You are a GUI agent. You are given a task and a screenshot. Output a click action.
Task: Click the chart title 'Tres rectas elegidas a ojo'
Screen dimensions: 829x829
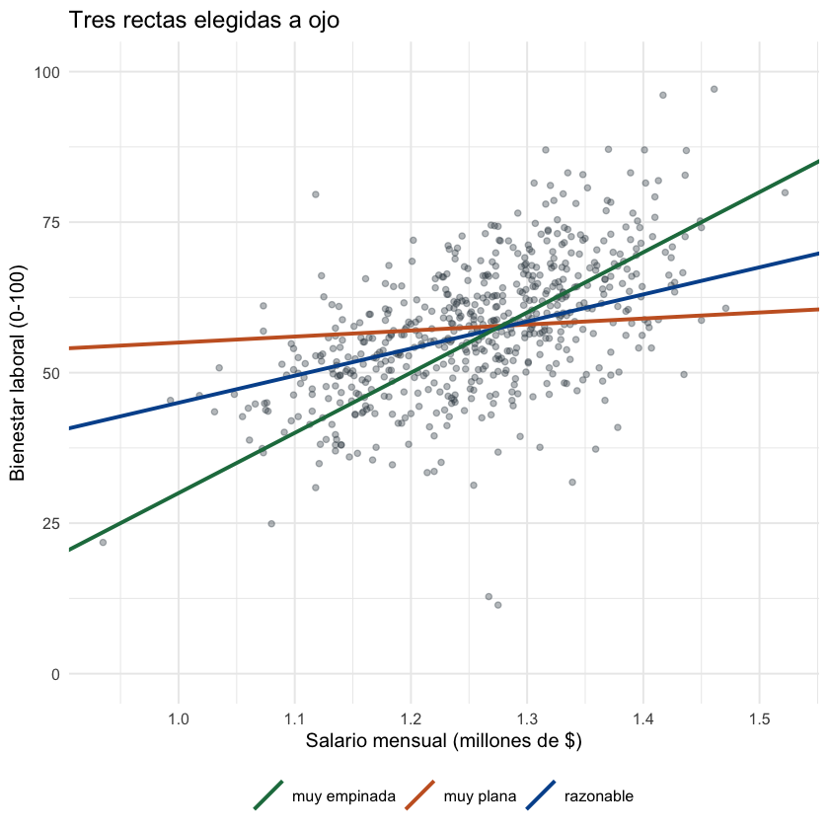(204, 21)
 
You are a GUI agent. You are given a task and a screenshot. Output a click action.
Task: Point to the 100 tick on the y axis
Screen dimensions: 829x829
(47, 72)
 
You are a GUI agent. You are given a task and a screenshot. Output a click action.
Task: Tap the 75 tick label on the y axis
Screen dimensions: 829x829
(51, 223)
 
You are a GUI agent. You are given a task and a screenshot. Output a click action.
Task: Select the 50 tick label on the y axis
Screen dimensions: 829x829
(51, 373)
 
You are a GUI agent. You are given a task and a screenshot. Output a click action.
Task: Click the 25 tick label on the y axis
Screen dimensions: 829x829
(51, 523)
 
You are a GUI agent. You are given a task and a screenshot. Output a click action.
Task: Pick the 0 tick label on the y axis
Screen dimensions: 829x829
(55, 674)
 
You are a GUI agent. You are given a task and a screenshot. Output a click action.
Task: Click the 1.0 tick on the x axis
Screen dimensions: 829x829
(179, 719)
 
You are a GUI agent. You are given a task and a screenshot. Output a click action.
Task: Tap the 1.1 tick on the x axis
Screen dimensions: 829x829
(294, 719)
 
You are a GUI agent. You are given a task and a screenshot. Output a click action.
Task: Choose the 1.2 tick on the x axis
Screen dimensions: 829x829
(411, 719)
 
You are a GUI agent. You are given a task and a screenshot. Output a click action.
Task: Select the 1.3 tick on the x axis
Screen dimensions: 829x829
(527, 719)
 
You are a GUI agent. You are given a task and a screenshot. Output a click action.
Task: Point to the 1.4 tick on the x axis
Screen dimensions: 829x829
(643, 719)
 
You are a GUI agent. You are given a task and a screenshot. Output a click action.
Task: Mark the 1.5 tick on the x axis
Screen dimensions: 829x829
(760, 719)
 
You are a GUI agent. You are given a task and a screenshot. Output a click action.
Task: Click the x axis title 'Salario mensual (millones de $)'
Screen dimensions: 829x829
(443, 741)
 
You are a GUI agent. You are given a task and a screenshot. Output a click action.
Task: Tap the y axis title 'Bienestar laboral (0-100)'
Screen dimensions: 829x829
(18, 373)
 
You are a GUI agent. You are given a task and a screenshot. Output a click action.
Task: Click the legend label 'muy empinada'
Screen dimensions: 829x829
(343, 796)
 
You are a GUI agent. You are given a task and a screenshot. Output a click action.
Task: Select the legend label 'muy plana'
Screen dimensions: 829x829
(480, 796)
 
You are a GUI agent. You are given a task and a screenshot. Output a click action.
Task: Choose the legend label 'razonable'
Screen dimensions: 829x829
(598, 796)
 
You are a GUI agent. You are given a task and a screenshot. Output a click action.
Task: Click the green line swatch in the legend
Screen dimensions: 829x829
(268, 794)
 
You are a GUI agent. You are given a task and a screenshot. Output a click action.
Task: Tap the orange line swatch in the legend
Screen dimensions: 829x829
(419, 794)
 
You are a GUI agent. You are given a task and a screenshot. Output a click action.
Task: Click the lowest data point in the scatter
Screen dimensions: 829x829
(497, 605)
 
